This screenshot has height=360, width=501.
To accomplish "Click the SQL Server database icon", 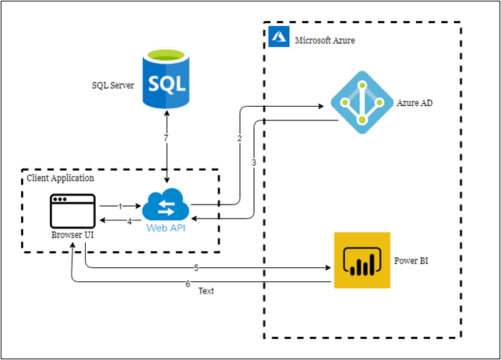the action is (x=166, y=78).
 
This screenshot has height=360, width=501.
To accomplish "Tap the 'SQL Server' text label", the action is (x=113, y=85).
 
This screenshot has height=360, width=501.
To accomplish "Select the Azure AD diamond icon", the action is (x=362, y=103).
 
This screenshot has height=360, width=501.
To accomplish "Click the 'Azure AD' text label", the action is (x=414, y=103).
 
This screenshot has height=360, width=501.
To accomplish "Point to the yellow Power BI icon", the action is (x=362, y=260).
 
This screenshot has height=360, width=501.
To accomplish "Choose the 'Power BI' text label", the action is (x=411, y=261).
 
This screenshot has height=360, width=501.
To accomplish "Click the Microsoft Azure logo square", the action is (x=279, y=37).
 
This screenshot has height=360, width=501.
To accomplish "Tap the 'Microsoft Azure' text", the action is (x=324, y=41).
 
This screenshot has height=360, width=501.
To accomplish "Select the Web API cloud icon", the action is (x=166, y=205).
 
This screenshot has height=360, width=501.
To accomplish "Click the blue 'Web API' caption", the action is (x=166, y=228).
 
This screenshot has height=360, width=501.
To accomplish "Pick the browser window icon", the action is (x=73, y=211).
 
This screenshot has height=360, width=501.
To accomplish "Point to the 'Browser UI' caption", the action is (x=72, y=235).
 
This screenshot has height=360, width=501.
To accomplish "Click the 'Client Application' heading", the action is (x=61, y=178).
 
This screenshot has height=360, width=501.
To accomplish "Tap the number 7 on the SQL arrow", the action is (x=166, y=138).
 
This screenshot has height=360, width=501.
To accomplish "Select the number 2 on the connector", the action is (x=239, y=139).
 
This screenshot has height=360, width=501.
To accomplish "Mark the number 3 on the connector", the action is (x=254, y=162).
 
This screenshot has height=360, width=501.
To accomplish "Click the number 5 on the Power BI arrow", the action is (x=196, y=268).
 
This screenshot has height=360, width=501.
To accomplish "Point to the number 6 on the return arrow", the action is (x=188, y=284).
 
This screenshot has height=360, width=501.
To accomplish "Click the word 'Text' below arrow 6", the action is (x=206, y=291).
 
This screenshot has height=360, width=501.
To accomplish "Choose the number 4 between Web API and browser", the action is (x=129, y=221).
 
